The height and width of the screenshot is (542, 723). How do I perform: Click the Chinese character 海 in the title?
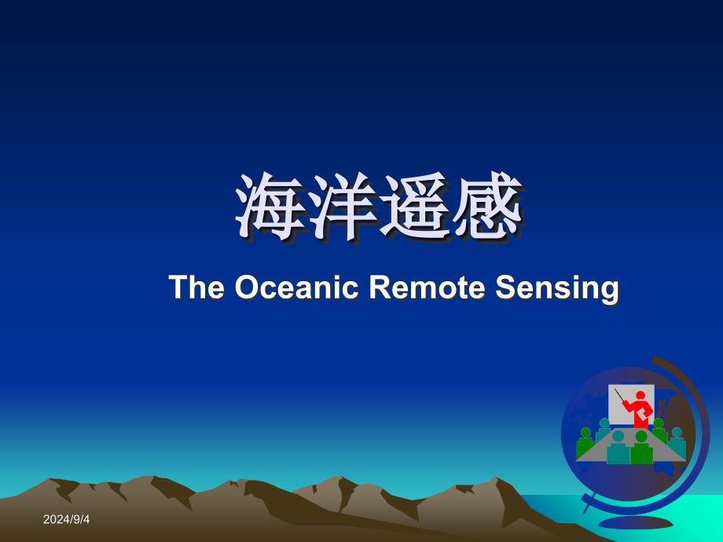click(270, 207)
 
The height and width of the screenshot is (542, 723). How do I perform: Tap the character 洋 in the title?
click(342, 207)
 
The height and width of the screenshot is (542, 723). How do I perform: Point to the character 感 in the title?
click(487, 207)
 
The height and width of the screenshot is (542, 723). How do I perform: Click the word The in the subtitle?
click(196, 287)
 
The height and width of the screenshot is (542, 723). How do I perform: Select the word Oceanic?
click(296, 287)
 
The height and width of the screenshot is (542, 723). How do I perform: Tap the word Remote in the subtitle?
click(427, 287)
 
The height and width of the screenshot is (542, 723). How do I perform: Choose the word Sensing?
click(557, 288)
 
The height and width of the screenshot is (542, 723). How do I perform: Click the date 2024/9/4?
click(66, 519)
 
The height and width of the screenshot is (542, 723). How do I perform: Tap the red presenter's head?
click(640, 395)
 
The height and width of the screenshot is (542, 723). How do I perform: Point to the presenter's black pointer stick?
click(620, 395)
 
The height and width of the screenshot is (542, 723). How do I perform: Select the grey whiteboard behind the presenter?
click(618, 405)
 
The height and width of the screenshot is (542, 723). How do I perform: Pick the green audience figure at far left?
click(585, 442)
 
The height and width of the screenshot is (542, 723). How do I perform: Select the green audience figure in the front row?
click(641, 448)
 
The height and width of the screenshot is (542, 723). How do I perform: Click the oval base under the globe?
click(636, 522)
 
